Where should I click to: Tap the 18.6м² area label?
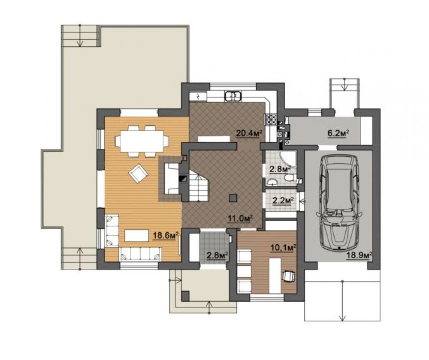166,236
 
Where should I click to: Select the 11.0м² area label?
240,219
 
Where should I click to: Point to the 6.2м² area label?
338,133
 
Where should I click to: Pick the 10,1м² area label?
283,248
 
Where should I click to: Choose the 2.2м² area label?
283,201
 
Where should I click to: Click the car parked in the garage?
339,203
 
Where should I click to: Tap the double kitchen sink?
233,96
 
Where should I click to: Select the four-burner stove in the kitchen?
270,119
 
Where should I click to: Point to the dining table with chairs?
142,141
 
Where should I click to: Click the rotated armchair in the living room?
138,174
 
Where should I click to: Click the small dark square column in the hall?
233,198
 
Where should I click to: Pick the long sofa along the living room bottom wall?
140,255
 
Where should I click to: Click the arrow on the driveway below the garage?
342,301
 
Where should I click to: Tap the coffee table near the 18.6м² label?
136,235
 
